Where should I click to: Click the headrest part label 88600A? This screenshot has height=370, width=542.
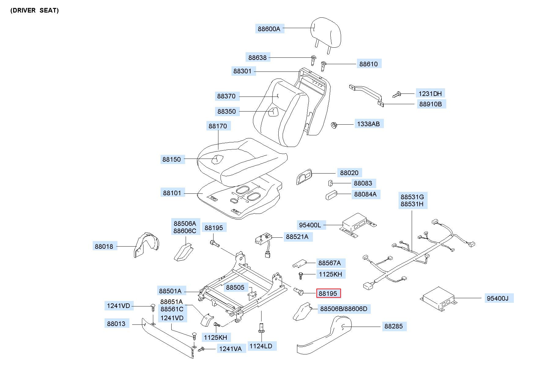click(269, 29)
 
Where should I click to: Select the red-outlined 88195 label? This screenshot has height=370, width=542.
click(328, 293)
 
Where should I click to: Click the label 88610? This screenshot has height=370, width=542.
click(369, 64)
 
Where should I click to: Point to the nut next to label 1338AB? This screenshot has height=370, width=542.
click(334, 125)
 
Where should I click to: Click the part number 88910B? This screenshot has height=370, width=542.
click(431, 104)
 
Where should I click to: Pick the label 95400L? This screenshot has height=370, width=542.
click(310, 225)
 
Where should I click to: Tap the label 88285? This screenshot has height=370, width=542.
click(394, 326)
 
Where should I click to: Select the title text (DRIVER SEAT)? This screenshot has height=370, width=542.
click(35, 10)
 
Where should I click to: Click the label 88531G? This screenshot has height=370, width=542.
click(412, 197)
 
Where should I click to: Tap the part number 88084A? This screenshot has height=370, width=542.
click(366, 194)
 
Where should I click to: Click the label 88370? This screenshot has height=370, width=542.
click(226, 96)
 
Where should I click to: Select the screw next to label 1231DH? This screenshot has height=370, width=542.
click(396, 94)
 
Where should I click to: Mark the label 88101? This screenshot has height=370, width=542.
click(172, 193)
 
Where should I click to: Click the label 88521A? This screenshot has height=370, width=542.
click(297, 236)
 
